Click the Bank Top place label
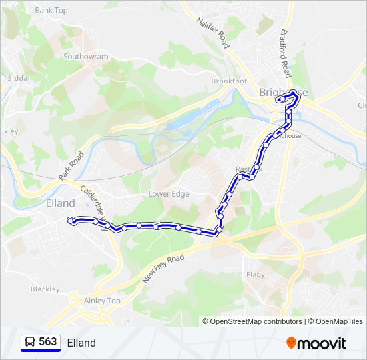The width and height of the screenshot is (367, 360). (x=51, y=11)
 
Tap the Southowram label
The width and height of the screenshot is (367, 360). (x=85, y=57)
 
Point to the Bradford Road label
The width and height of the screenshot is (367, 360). (x=284, y=53)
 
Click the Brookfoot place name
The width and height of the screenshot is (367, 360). (x=229, y=81)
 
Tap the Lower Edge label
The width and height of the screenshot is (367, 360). (x=169, y=194)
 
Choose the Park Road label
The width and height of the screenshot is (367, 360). (x=71, y=165)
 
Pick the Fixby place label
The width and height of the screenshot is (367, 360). (x=255, y=274)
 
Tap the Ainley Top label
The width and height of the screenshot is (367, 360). (x=102, y=301)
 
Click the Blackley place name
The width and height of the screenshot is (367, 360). (x=45, y=289)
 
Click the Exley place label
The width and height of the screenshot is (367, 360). (x=9, y=131)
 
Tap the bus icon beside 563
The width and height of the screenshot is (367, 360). (x=29, y=342)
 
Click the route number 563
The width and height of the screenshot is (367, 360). (x=48, y=342)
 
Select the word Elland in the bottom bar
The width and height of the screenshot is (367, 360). (x=81, y=343)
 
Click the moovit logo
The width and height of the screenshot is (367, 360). (x=316, y=343)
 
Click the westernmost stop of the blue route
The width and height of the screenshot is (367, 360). (x=70, y=220)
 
